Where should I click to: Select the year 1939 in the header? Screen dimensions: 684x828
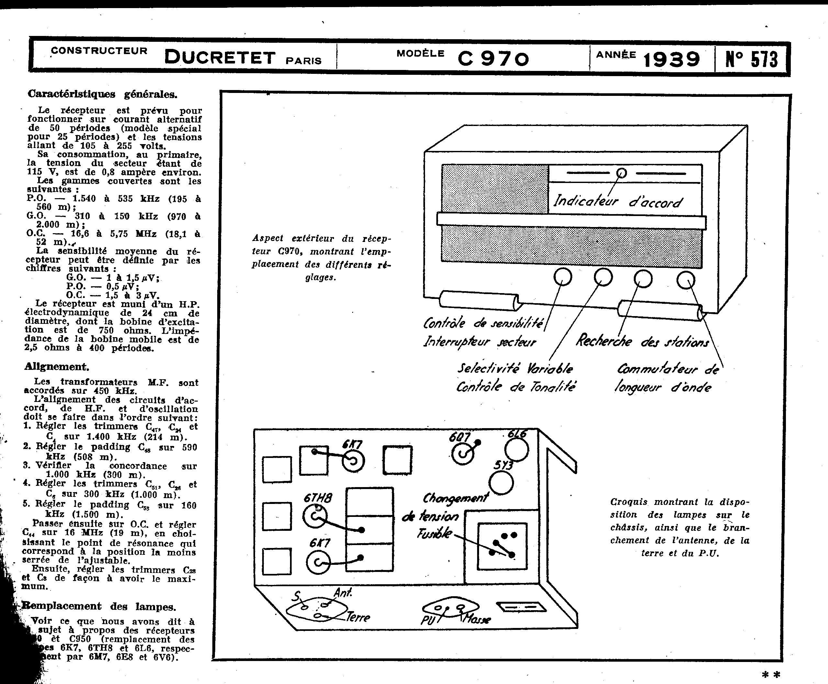tap(671, 59)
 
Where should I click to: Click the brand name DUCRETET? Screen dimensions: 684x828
tap(220, 58)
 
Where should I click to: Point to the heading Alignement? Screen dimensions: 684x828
tap(57, 366)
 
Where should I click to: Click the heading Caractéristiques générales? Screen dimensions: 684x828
tap(102, 94)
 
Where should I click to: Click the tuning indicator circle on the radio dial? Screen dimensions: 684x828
tap(621, 173)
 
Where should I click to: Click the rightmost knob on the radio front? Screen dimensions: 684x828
tap(686, 280)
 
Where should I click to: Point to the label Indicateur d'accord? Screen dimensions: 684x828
tap(617, 202)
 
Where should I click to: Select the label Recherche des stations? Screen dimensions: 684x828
tap(642, 341)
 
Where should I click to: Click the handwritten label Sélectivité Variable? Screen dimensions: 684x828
tap(515, 369)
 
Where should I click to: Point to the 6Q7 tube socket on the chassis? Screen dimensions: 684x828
tap(463, 454)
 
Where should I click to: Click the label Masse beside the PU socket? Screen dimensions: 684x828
tap(477, 619)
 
